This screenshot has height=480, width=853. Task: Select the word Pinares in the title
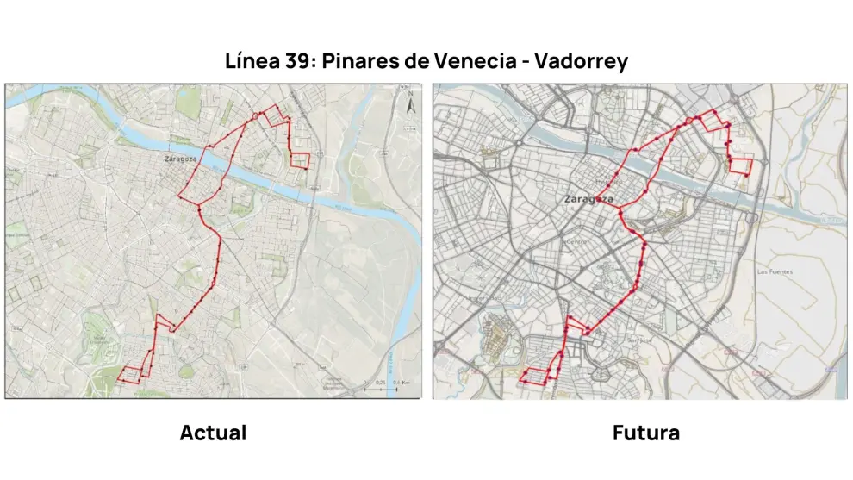[x=366, y=62]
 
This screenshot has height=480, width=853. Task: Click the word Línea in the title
[x=249, y=62]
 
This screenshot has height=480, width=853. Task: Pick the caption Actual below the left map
[x=213, y=433]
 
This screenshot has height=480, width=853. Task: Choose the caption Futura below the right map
[x=646, y=433]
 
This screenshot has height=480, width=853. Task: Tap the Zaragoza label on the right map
[x=588, y=199]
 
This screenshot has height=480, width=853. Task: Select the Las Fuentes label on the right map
[x=774, y=272]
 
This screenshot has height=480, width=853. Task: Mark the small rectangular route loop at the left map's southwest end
[x=130, y=375]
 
